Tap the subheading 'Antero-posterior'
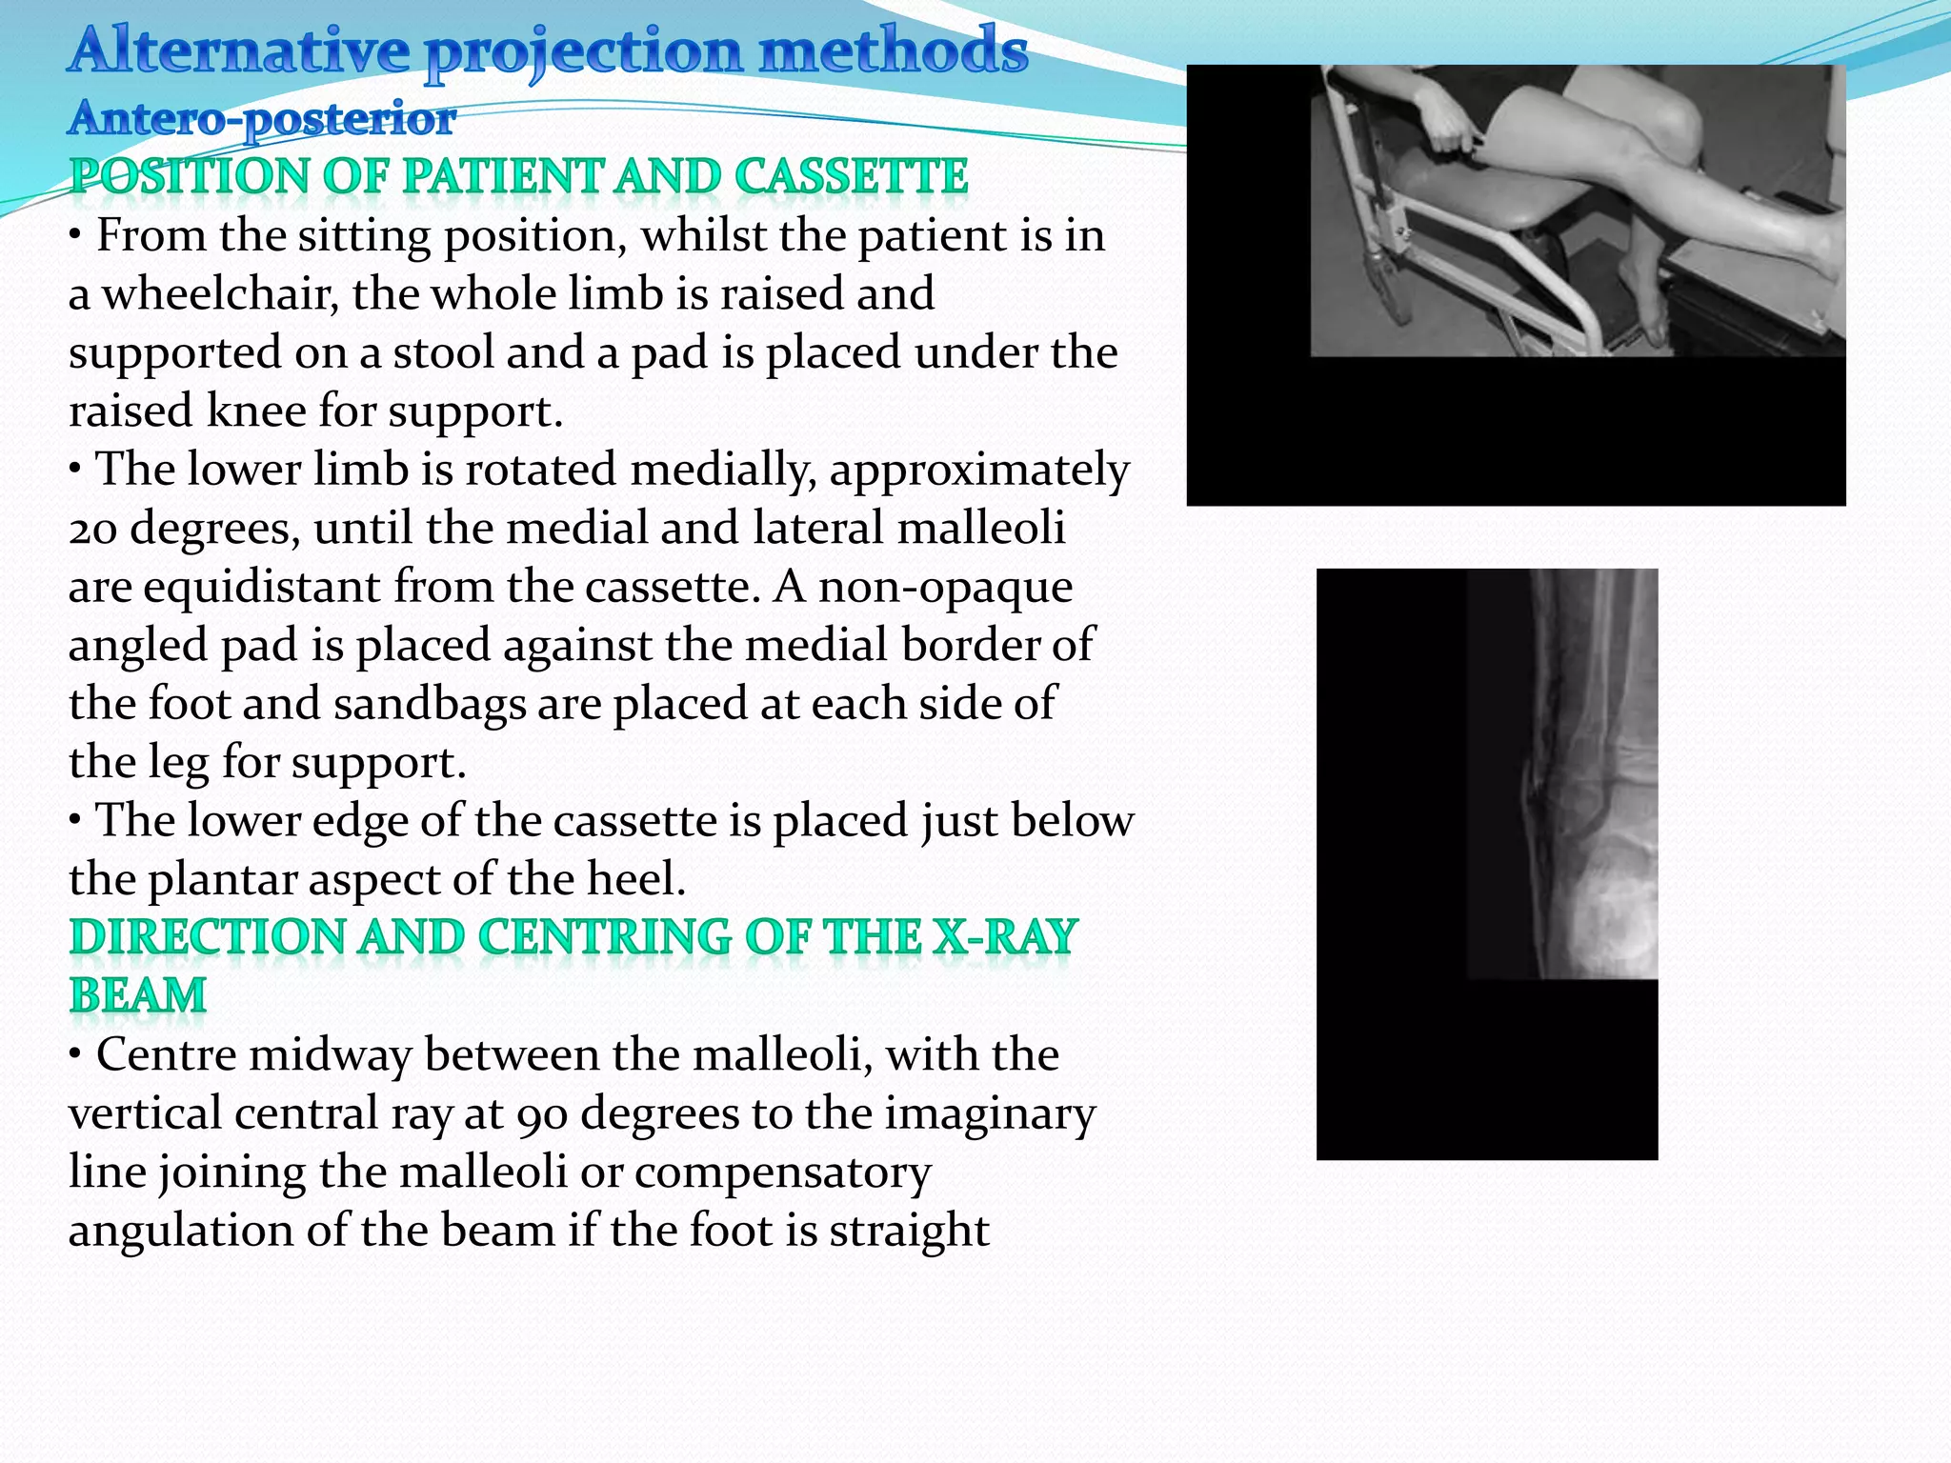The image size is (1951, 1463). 262,119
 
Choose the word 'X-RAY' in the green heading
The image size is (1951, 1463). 1005,938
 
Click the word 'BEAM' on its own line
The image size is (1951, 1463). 138,996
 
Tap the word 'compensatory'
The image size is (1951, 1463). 782,1172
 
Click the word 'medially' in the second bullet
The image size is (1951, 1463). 723,471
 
